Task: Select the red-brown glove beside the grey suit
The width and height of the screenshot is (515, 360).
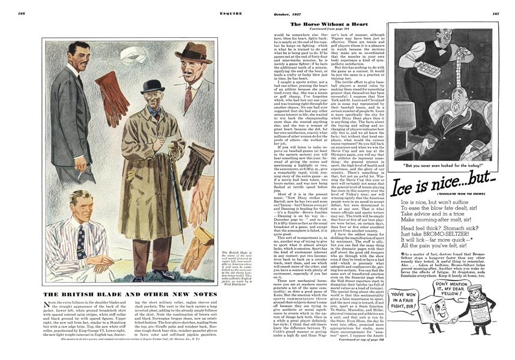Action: click(109, 89)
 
